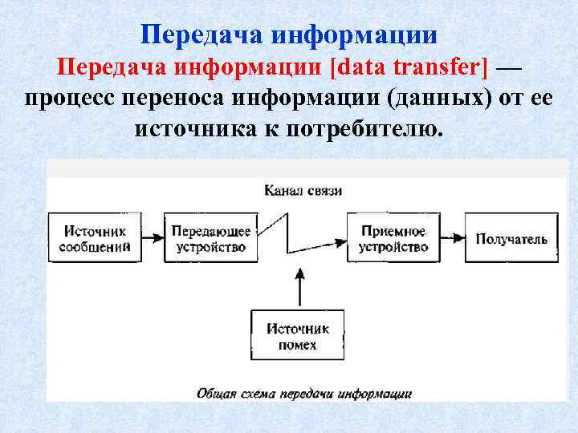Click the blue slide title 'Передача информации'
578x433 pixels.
(x=289, y=34)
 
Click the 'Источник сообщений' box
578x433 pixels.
(x=95, y=238)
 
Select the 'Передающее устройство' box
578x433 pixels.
(x=211, y=238)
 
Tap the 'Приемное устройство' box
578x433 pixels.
(x=393, y=238)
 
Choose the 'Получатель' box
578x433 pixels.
(x=511, y=238)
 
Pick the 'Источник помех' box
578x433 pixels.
(x=299, y=336)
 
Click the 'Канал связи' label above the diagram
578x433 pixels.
(x=303, y=191)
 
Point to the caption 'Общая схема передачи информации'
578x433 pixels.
(x=303, y=394)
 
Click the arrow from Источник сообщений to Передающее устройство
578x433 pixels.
(x=153, y=238)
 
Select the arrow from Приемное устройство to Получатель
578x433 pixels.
(x=452, y=238)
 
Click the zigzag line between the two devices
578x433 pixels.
(x=287, y=233)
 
